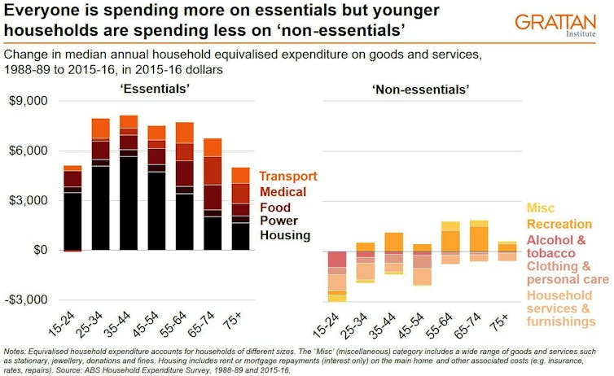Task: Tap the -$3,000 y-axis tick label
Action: tap(27, 299)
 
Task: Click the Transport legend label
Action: tap(288, 177)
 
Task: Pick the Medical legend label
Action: tap(283, 192)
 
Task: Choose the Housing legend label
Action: tap(285, 235)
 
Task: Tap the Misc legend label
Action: tap(541, 209)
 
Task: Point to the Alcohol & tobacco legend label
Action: tap(555, 247)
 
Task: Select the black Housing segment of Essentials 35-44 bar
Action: tap(129, 203)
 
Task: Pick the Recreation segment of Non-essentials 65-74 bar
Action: tap(479, 239)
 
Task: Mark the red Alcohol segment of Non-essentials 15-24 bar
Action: tap(338, 260)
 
